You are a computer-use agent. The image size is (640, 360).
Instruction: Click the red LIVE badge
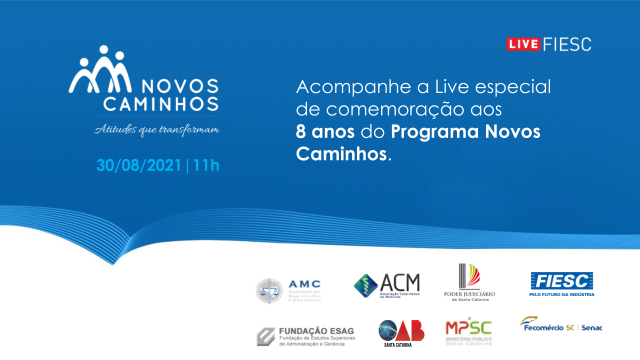point(523,44)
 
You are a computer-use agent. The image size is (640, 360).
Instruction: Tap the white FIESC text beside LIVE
point(567,44)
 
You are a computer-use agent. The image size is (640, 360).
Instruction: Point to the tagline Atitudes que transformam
point(157,130)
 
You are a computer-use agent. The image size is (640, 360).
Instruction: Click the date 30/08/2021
point(139,165)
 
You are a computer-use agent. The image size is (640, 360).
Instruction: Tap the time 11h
point(206,165)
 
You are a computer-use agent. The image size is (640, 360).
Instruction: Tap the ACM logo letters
point(399,283)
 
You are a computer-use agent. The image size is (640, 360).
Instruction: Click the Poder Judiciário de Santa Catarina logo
point(469,282)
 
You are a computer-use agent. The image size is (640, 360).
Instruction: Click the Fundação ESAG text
point(316,331)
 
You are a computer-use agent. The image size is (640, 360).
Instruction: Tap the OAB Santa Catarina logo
point(401,332)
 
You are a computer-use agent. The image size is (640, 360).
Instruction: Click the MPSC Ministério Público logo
point(468,330)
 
